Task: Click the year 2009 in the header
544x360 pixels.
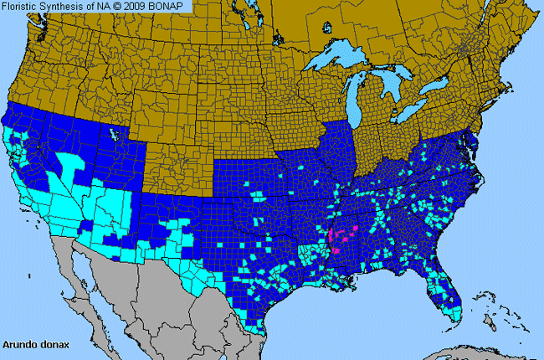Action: coord(139,7)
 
